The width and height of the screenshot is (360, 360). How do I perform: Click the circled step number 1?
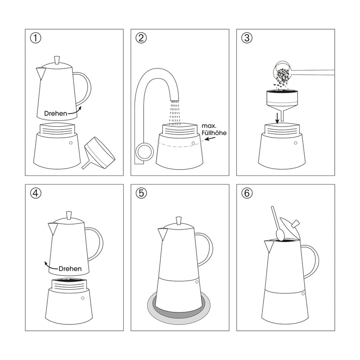pos(36,38)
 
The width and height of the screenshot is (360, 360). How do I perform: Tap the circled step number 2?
pos(141,38)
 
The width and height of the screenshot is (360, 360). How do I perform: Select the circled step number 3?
pos(247,38)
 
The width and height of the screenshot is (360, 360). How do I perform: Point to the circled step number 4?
pos(36,193)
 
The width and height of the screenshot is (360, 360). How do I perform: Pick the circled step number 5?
pos(141,193)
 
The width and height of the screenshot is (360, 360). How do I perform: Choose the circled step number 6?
pos(247,193)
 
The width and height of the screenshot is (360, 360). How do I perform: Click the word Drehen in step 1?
pos(56,113)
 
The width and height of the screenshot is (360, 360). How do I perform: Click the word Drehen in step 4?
pos(70,269)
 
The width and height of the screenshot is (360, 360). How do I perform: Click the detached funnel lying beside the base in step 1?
pos(99,153)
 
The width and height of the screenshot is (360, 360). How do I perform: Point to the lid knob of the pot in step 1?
pos(57,60)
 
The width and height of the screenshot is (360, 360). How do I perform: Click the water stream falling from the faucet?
pos(174,112)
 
